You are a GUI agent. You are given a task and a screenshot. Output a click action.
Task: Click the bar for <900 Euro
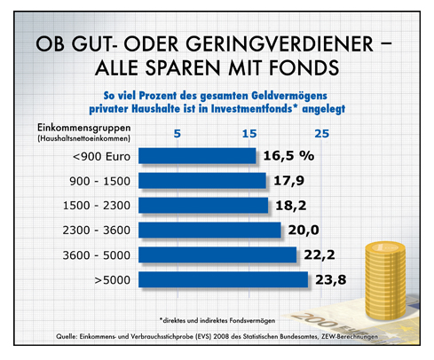pos(199,156)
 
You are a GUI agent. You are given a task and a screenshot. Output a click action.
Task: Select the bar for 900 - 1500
pos(203,181)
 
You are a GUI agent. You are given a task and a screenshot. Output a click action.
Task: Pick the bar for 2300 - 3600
pos(210,231)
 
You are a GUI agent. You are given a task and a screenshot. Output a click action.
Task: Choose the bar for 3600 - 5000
pos(218,255)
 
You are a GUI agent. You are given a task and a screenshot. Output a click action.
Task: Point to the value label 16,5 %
pos(288,156)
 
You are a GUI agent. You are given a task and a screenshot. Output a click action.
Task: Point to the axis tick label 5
pos(178,133)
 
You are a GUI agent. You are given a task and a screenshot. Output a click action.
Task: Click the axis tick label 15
pos(250,133)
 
